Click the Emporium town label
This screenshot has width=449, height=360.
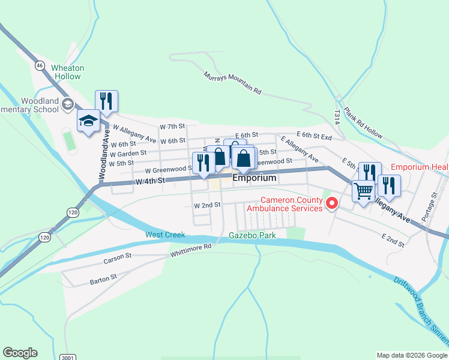[255, 178]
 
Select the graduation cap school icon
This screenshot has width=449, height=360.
[88, 121]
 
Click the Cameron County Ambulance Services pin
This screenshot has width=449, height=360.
[331, 204]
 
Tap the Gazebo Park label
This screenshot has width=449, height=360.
[252, 235]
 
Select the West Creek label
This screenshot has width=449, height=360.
[164, 235]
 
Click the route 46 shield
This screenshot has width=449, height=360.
[40, 65]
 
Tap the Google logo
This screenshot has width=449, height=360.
[20, 353]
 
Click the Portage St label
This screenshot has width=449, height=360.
[434, 207]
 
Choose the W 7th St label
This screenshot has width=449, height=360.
[172, 127]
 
